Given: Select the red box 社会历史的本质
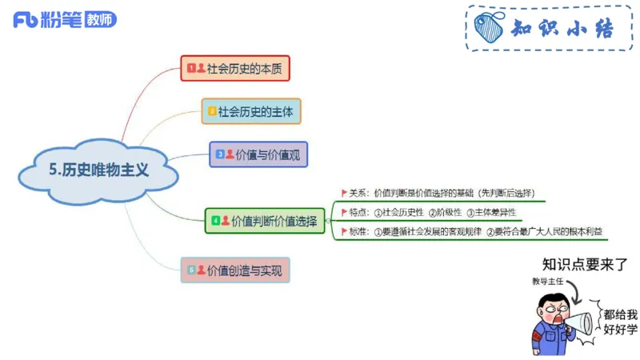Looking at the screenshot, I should pos(234,69).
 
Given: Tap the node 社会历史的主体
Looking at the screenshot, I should pos(251,111).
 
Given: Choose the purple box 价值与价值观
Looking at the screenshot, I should pos(258,154).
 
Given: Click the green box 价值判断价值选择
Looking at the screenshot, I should pos(265,220).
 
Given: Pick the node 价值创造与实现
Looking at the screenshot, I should pos(235,270).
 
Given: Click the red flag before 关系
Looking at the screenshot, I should pos(344,192).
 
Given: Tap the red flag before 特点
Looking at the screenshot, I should pos(344,212).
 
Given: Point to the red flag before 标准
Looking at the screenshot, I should pos(344,232).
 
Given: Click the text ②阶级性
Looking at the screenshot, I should pos(444,212).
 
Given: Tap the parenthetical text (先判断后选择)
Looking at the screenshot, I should pos(507,192).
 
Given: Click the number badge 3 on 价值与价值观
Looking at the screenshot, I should pos(219,154).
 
